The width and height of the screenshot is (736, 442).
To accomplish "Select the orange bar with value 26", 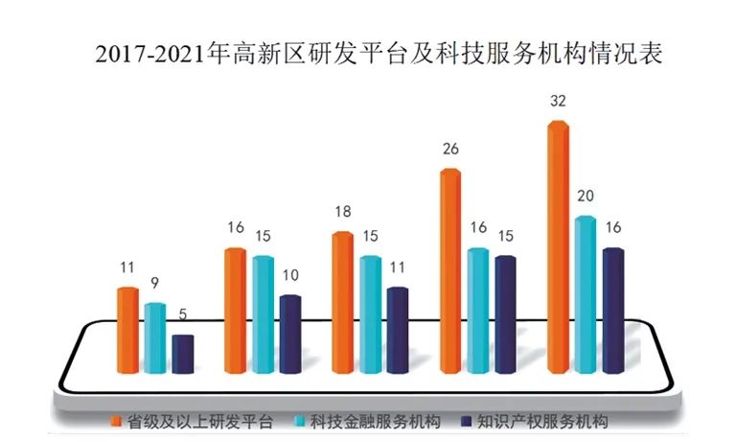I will point(450,268).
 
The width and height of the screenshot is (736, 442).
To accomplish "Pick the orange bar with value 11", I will point(127,327).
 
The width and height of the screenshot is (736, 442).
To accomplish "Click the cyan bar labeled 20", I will point(586,292).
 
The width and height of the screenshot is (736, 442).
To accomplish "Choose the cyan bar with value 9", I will point(154,336).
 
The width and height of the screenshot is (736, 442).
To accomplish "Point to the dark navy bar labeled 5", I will point(182,352).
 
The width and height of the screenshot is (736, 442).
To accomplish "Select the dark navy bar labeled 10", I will point(289,332).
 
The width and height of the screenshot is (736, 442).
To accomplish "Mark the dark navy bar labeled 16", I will point(612,308).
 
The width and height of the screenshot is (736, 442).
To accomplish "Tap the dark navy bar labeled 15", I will point(505,312).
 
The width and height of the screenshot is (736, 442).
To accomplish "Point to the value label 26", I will point(450,149).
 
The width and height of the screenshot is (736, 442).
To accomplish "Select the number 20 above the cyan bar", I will point(586,197).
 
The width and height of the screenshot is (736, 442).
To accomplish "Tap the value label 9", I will point(154,284).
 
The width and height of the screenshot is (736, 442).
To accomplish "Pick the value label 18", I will point(342,212).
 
